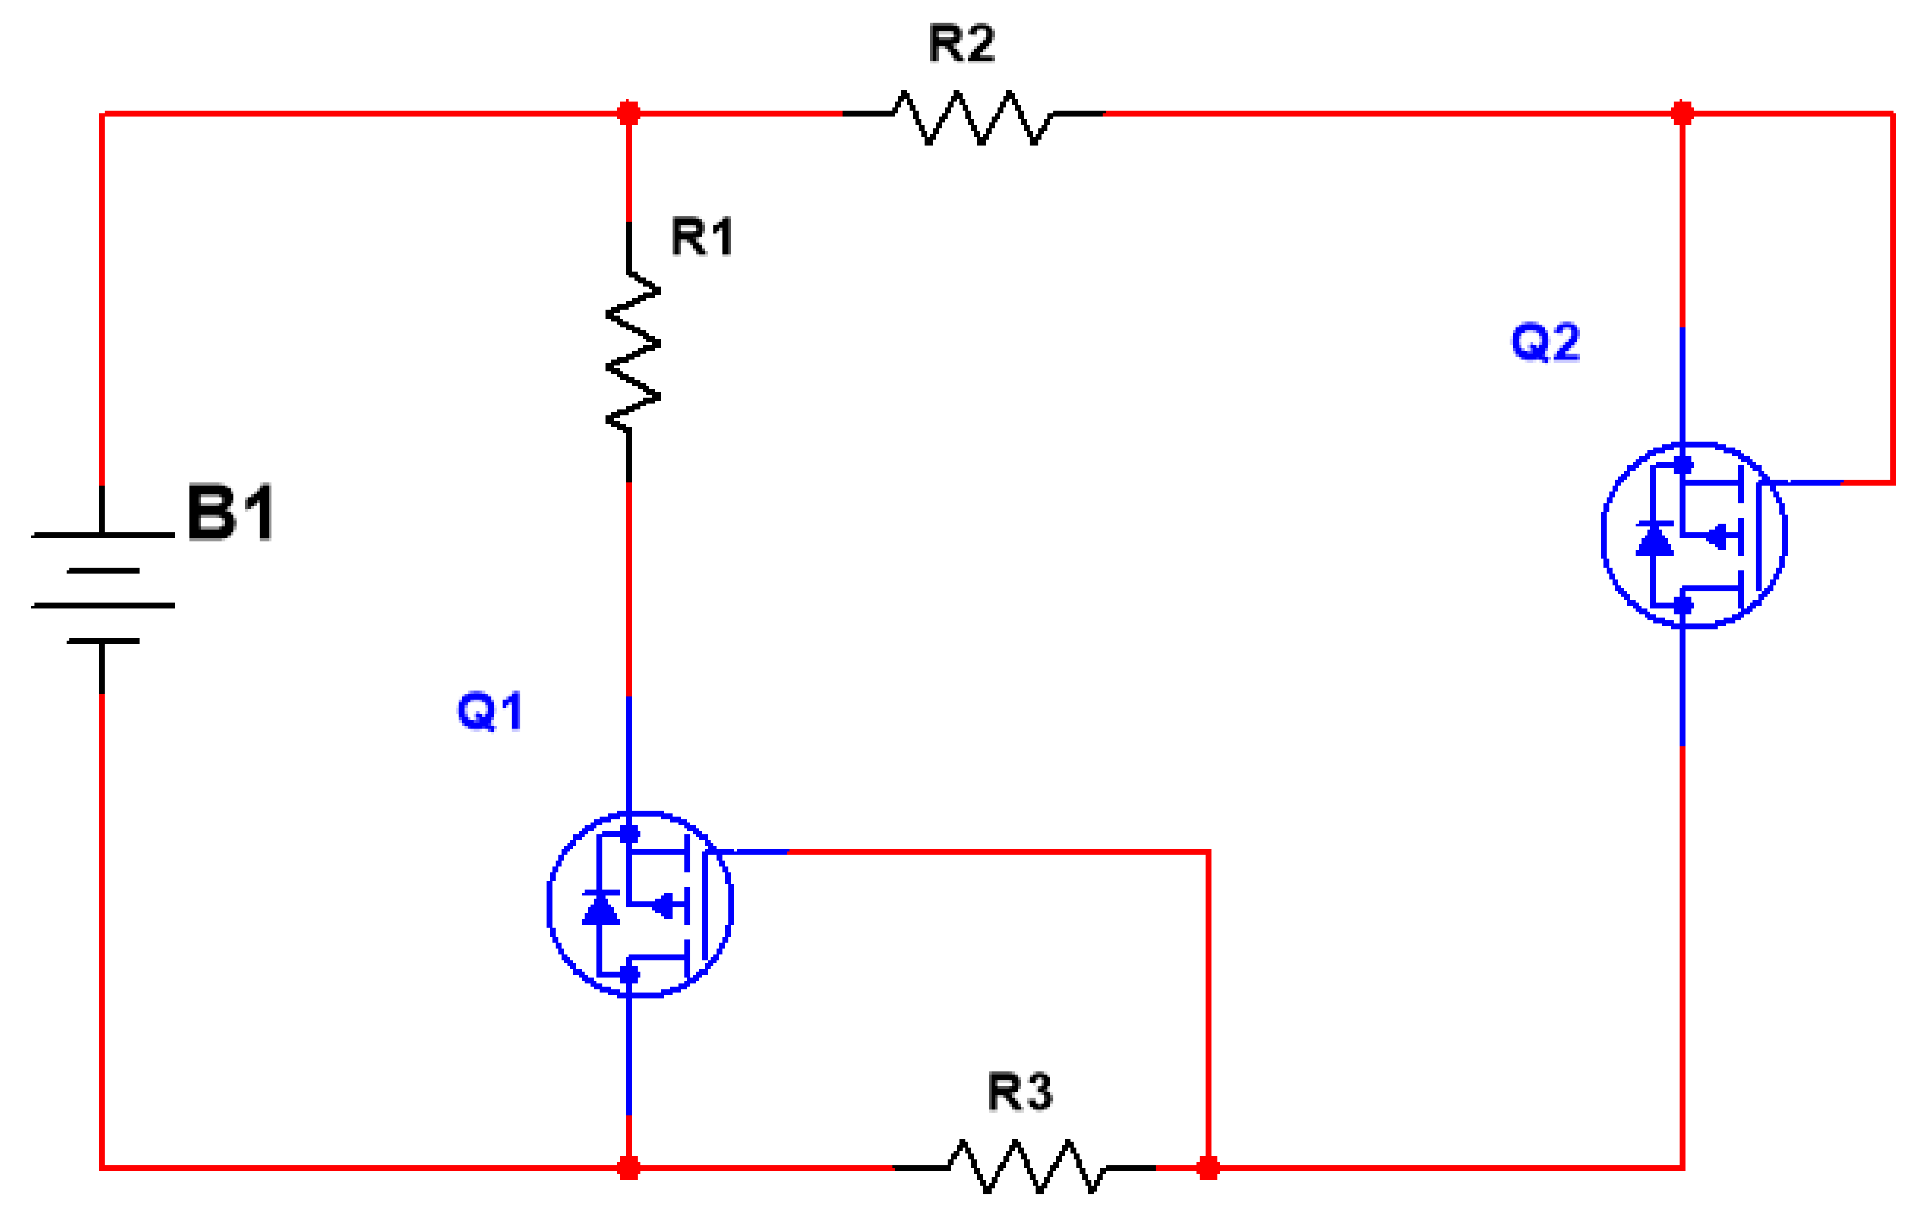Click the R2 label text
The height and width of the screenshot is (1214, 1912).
(x=961, y=43)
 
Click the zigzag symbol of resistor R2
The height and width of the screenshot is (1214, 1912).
(x=973, y=118)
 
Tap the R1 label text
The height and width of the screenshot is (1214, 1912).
(x=702, y=237)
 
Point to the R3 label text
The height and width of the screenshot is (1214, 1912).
(x=1019, y=1092)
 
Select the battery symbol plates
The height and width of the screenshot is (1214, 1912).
(x=103, y=588)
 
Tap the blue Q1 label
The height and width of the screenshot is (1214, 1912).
(x=490, y=710)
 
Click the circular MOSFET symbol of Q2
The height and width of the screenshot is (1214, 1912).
(x=1694, y=535)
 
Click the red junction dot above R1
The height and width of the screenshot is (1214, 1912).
(x=628, y=113)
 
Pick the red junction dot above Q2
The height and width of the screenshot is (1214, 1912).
(x=1682, y=113)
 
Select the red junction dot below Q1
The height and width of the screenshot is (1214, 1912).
(x=628, y=1167)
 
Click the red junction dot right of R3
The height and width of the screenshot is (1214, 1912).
(x=1208, y=1167)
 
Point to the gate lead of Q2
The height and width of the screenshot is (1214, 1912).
(x=1811, y=482)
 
